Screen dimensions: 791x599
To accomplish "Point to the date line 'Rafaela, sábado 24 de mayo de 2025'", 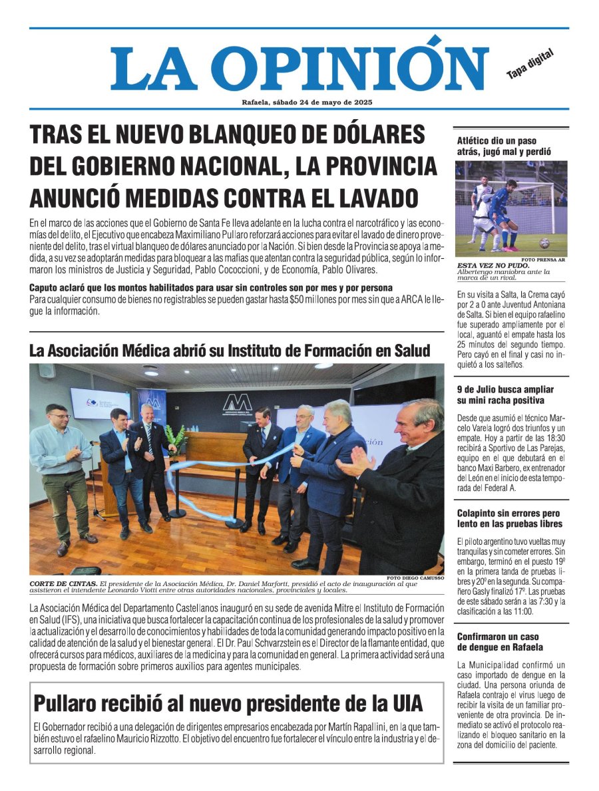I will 307,102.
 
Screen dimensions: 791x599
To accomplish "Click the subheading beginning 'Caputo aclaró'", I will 211,287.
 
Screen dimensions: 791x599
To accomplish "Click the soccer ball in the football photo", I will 544,243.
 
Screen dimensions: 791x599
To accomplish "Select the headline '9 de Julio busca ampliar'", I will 504,395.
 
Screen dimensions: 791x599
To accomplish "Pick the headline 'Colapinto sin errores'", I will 509,518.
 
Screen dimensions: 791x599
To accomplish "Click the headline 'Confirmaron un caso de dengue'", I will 499,642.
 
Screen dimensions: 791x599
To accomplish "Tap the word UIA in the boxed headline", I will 401,704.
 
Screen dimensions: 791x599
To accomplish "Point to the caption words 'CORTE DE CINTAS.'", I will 63,583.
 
